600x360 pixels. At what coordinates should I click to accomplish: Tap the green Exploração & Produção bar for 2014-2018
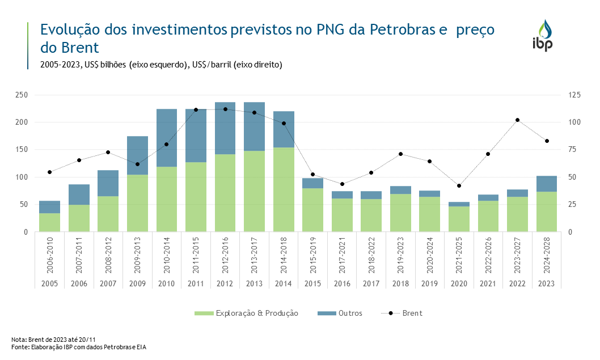tap(284, 189)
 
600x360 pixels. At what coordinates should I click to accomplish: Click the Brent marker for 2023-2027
tap(517, 120)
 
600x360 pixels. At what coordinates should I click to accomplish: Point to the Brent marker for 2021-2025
tap(459, 186)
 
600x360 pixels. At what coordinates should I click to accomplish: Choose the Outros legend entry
tap(344, 313)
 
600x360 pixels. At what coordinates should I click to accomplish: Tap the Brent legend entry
tap(405, 313)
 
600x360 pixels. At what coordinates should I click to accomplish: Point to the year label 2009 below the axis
tap(138, 283)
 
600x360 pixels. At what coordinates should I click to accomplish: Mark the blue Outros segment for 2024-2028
tap(547, 184)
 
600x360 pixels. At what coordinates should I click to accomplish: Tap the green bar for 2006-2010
tap(50, 222)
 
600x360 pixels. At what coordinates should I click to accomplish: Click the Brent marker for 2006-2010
tap(50, 172)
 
